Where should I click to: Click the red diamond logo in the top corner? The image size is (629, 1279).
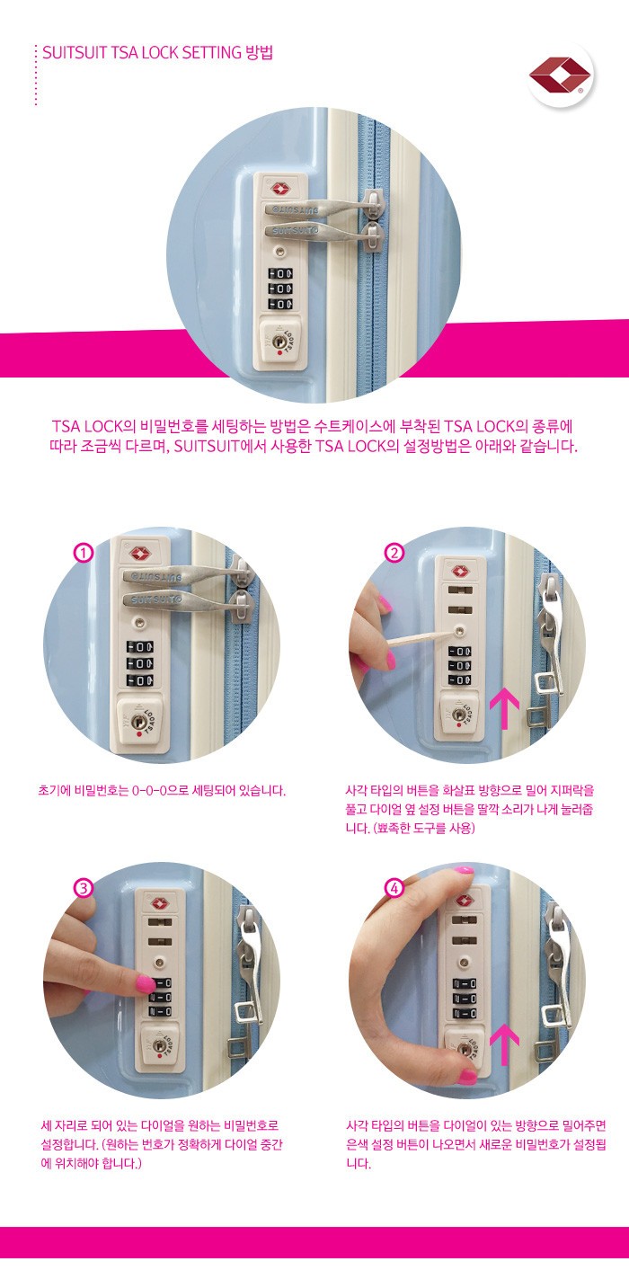pyautogui.click(x=560, y=75)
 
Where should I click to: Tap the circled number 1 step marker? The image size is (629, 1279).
pyautogui.click(x=84, y=554)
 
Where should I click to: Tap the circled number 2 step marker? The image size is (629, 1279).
pyautogui.click(x=394, y=553)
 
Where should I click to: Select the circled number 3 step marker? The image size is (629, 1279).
pyautogui.click(x=84, y=888)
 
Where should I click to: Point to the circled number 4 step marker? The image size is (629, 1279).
pyautogui.click(x=394, y=888)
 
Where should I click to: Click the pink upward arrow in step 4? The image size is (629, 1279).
pyautogui.click(x=505, y=1044)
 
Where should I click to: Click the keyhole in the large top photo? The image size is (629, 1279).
pyautogui.click(x=279, y=342)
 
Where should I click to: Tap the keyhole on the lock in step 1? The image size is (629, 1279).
pyautogui.click(x=138, y=721)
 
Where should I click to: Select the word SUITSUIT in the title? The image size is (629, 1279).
pyautogui.click(x=75, y=52)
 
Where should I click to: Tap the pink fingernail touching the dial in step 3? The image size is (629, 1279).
pyautogui.click(x=144, y=982)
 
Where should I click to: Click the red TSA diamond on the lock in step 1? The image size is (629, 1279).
pyautogui.click(x=139, y=554)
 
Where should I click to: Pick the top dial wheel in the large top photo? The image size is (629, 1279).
pyautogui.click(x=281, y=274)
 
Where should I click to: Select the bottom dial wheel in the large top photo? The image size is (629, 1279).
pyautogui.click(x=281, y=304)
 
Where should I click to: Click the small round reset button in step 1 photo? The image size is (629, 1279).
pyautogui.click(x=138, y=620)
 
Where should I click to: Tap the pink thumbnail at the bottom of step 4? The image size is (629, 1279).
pyautogui.click(x=467, y=1076)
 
